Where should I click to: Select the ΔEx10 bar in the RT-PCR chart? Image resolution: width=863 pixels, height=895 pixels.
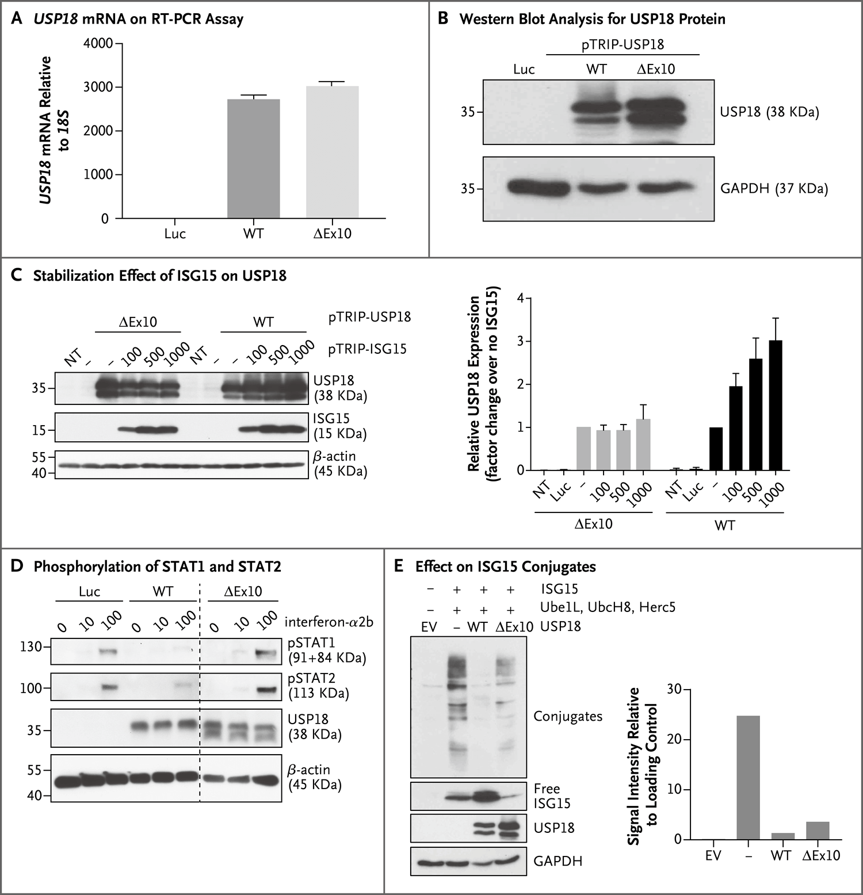tap(332, 152)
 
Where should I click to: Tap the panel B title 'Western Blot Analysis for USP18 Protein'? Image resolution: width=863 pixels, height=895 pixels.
tap(592, 19)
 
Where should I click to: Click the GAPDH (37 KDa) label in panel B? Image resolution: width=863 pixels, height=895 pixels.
tap(774, 189)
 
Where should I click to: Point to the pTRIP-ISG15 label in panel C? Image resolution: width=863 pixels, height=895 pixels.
tap(367, 349)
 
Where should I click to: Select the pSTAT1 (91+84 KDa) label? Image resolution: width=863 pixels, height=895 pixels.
tap(327, 651)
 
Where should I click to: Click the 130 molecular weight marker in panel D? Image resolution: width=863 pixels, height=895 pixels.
tap(33, 647)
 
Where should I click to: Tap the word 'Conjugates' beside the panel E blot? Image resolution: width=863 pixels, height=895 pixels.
tap(567, 717)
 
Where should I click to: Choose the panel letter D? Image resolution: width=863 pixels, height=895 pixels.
tap(17, 567)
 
